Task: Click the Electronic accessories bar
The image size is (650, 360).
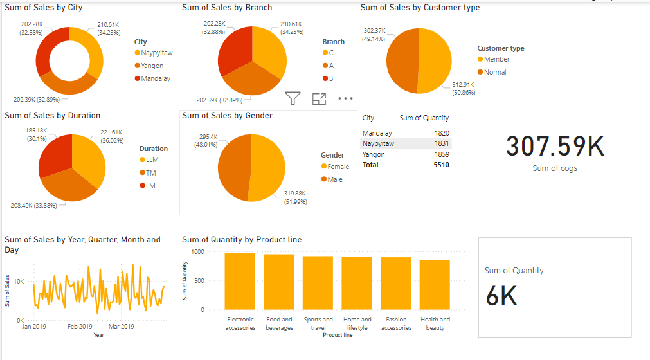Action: [240, 281]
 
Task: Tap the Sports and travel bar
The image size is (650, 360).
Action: [318, 282]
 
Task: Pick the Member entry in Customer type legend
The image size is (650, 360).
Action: [496, 59]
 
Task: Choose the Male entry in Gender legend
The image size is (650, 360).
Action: [334, 179]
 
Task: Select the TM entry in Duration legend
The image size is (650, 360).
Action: [150, 173]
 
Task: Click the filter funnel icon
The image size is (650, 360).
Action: [293, 98]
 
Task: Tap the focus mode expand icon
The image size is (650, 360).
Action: [319, 98]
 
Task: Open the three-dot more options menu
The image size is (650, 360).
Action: [346, 98]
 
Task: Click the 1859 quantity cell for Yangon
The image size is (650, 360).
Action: [441, 154]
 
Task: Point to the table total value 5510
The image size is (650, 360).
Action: [440, 165]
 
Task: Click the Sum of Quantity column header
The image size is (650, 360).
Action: [424, 118]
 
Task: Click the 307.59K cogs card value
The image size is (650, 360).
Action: [555, 147]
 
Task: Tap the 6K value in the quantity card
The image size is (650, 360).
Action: [501, 296]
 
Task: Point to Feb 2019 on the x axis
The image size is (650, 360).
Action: [80, 327]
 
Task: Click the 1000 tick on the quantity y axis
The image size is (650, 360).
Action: [197, 252]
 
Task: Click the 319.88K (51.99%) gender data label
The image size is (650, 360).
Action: [295, 197]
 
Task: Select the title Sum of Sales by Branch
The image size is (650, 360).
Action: [226, 8]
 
